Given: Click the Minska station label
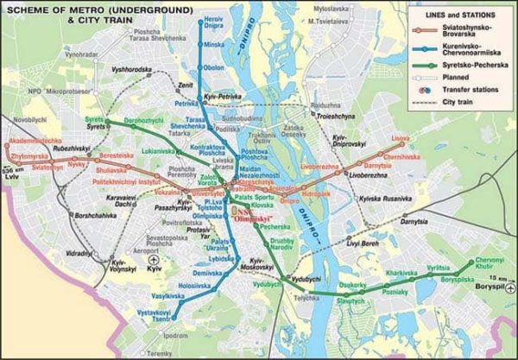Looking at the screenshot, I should point(215,43).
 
